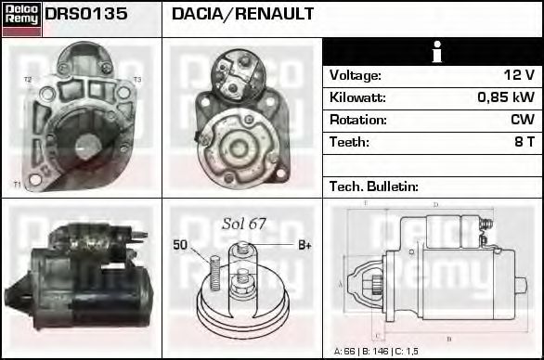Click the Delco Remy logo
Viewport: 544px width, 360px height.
click(21, 18)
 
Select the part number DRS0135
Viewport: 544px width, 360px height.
click(86, 15)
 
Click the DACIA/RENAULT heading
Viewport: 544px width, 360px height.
click(242, 15)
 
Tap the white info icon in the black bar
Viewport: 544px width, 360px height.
click(432, 53)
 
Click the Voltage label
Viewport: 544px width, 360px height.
click(355, 75)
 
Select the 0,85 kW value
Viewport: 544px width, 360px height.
click(505, 97)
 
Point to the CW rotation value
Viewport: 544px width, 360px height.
click(522, 120)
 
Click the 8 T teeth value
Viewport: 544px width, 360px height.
click(524, 142)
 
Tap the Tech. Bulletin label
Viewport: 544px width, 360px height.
click(374, 186)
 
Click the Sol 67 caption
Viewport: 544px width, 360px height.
click(243, 224)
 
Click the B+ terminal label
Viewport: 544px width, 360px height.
click(304, 245)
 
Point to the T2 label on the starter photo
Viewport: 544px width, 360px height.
click(28, 80)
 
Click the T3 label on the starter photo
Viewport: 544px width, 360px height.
click(136, 80)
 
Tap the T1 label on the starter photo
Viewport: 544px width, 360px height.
click(17, 185)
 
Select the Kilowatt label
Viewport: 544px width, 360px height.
click(357, 97)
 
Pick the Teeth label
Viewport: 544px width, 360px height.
click(349, 142)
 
